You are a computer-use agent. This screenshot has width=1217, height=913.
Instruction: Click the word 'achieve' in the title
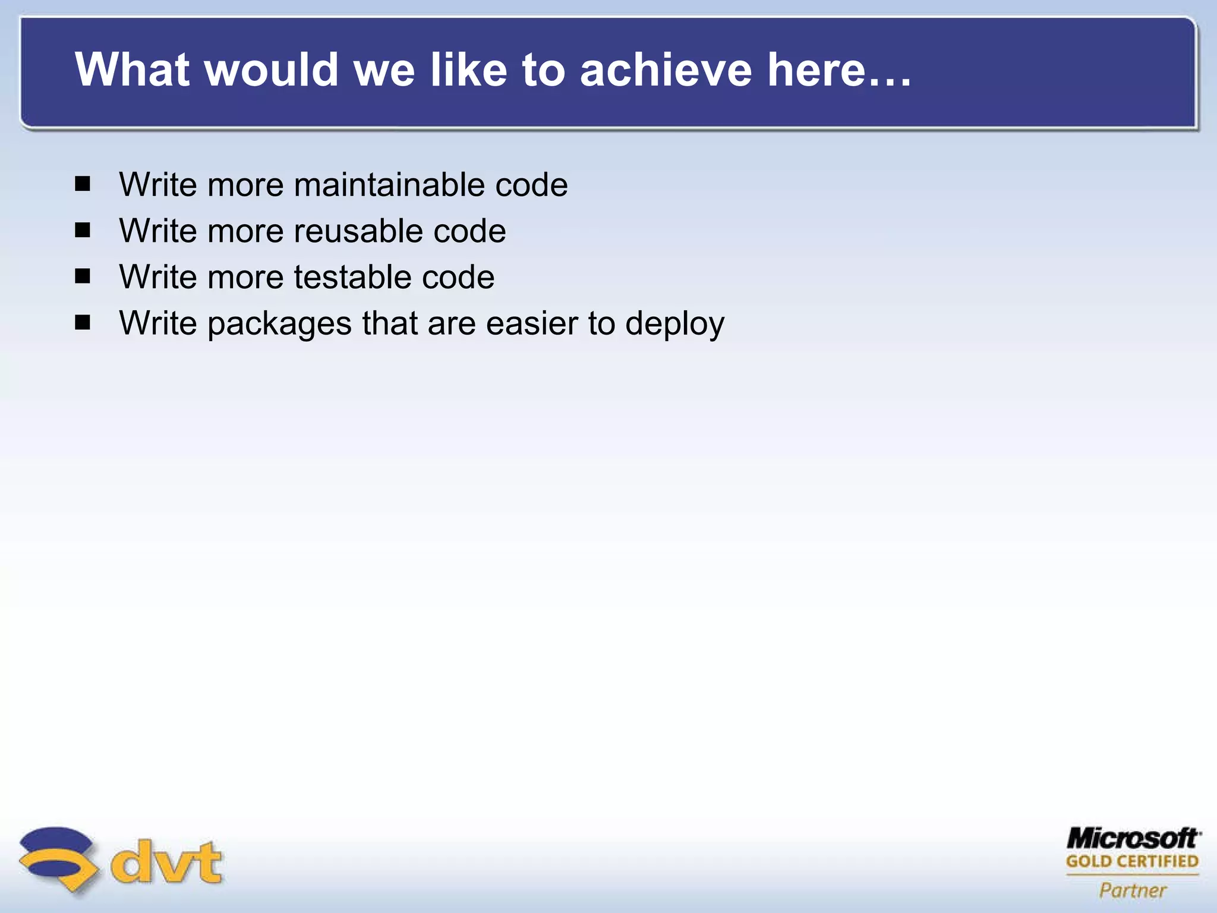point(666,70)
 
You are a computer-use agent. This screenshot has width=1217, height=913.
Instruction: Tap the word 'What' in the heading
point(132,70)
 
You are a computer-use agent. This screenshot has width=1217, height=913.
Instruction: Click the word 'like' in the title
point(468,70)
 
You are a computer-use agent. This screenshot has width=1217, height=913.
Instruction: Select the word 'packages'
point(279,325)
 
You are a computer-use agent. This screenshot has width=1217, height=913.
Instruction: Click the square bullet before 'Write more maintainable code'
point(83,184)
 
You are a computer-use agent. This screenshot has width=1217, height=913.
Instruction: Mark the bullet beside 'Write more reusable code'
point(83,230)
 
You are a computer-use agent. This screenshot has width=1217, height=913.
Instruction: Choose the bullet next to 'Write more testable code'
point(83,276)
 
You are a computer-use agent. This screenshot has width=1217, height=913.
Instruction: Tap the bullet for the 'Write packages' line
point(83,323)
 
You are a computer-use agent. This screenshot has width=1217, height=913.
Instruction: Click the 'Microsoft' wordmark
point(1133,839)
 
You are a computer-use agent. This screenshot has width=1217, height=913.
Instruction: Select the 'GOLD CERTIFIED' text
point(1133,861)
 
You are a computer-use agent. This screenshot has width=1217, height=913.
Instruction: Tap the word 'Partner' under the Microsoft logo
point(1133,890)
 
